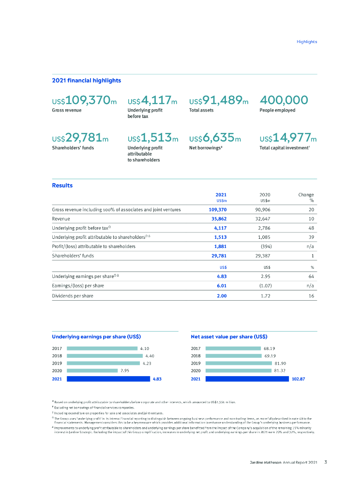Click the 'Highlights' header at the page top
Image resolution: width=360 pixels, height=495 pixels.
coord(307,42)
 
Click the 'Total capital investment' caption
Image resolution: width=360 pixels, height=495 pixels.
coord(284,148)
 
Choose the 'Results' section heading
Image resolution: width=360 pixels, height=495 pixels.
coord(62,185)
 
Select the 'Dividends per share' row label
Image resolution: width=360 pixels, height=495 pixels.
coord(73,295)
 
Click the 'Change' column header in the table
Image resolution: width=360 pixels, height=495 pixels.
coord(306,194)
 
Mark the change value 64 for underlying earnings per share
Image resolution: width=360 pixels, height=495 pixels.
coord(312,277)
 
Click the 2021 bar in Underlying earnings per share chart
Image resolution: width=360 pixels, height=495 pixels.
coord(108,379)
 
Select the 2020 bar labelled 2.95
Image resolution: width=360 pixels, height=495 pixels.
coord(92,371)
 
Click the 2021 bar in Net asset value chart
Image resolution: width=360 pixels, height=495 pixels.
coord(247,379)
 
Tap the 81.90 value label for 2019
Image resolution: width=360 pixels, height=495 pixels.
coord(281,363)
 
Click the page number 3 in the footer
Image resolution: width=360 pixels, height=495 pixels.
coord(326,462)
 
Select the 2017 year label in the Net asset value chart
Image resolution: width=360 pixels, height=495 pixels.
coord(195,348)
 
